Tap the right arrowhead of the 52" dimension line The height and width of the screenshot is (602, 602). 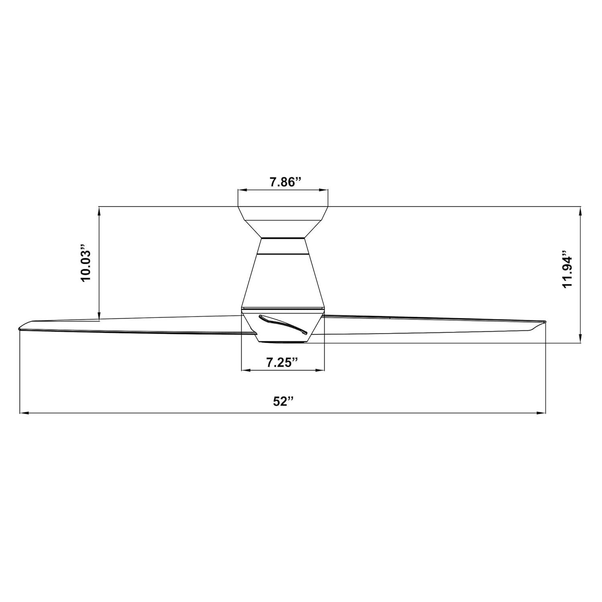coord(542,413)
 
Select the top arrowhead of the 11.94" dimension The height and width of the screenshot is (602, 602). coord(580,210)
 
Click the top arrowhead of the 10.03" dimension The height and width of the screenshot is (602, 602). coord(99,210)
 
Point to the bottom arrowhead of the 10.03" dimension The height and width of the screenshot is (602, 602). coord(99,317)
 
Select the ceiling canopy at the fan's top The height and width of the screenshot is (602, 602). coord(283,221)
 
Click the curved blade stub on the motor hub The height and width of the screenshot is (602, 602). coord(283,323)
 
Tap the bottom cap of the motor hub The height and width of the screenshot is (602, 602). coord(283,340)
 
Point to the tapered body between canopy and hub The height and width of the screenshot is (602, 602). coord(283,281)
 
